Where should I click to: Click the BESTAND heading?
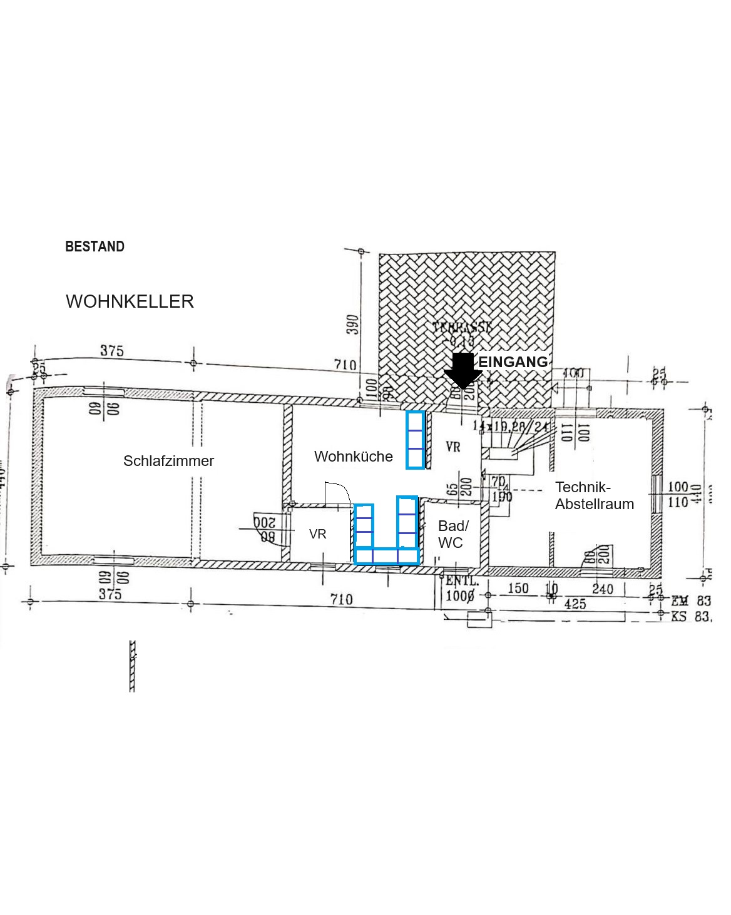click(95, 246)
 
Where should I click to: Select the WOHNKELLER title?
click(130, 301)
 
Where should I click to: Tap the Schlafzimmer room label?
click(168, 461)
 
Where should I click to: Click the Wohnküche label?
click(353, 457)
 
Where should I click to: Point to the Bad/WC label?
click(452, 534)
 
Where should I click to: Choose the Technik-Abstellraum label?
click(594, 495)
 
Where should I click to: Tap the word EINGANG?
click(513, 362)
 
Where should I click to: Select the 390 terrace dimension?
click(354, 324)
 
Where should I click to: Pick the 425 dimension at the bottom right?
click(575, 604)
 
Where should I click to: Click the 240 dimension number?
click(602, 589)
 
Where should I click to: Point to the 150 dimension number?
click(518, 589)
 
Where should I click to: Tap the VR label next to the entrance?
click(453, 447)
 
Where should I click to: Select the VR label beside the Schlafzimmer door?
click(317, 534)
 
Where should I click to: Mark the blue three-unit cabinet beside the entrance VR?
click(415, 439)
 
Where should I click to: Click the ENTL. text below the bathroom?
click(462, 581)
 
